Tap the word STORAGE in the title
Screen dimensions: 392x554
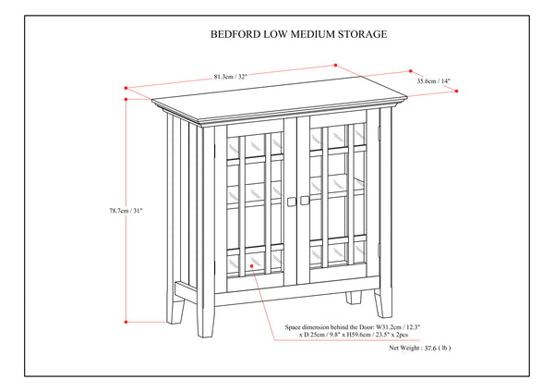(x=361, y=35)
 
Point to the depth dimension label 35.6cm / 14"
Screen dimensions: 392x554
(x=434, y=82)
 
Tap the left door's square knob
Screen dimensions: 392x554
(x=292, y=202)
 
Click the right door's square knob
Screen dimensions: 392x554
(x=305, y=202)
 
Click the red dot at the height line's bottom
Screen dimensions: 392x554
(x=126, y=322)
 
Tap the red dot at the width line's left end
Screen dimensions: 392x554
(x=126, y=89)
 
